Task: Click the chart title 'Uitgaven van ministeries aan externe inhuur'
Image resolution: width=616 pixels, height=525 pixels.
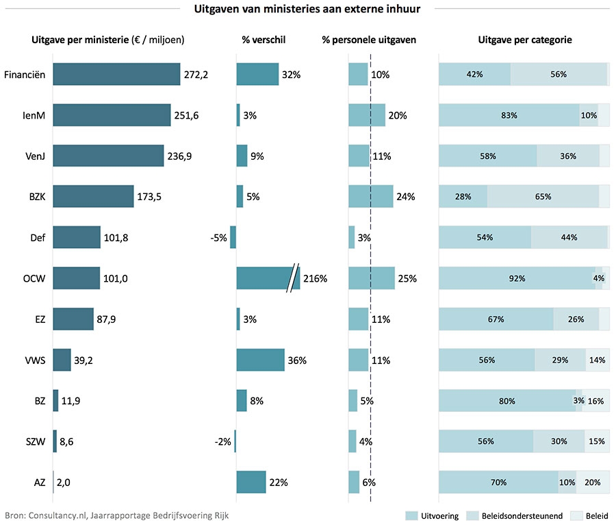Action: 307,9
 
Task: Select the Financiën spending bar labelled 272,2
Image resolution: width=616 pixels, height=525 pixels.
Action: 116,74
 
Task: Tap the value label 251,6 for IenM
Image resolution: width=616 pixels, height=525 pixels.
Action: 187,115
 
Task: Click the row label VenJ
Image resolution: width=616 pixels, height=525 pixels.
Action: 35,156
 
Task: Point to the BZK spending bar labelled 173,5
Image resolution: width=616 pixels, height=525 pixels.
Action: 93,196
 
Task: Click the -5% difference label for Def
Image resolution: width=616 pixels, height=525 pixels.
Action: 219,238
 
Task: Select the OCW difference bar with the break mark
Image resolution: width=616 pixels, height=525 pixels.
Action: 268,278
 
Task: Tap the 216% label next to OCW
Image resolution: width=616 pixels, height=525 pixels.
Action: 315,278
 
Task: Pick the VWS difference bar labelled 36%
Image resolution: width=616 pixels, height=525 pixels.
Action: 261,360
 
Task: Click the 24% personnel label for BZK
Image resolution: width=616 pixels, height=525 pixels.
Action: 406,197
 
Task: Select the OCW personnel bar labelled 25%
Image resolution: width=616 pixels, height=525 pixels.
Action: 372,278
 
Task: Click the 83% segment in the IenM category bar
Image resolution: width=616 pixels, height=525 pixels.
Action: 509,115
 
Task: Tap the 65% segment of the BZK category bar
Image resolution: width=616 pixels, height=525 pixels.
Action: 543,196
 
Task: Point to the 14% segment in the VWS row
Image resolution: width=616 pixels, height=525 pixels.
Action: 598,360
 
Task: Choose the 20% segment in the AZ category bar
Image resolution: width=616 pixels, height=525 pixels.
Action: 593,482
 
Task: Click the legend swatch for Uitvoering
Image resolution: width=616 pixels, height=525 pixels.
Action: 411,516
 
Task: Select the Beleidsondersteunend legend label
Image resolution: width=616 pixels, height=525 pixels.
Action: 522,516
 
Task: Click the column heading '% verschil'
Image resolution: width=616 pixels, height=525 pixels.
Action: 264,40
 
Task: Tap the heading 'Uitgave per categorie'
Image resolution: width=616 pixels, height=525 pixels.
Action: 525,40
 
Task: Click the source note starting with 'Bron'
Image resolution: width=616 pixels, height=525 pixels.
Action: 116,515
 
